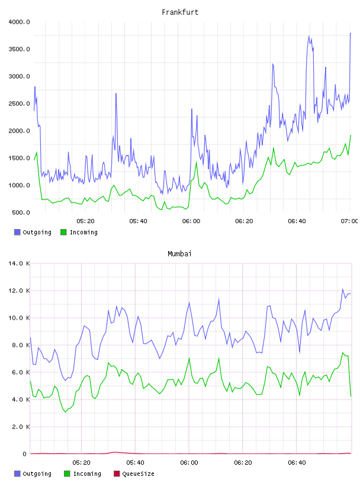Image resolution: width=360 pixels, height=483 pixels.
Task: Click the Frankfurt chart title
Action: [x=180, y=12]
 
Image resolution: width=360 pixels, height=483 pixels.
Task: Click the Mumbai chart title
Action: [x=179, y=254]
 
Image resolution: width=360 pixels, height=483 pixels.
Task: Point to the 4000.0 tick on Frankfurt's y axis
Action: [x=19, y=22]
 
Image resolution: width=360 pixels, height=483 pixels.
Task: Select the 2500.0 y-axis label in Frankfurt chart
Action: [x=19, y=104]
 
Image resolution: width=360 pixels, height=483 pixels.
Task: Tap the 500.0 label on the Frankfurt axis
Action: [x=21, y=212]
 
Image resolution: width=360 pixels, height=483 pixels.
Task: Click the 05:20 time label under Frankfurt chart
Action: [x=85, y=221]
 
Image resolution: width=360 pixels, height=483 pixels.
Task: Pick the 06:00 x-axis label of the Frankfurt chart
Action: [x=191, y=221]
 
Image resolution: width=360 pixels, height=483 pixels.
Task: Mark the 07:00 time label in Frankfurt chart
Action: [x=349, y=221]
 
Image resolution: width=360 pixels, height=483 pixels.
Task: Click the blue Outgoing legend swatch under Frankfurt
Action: [x=17, y=232]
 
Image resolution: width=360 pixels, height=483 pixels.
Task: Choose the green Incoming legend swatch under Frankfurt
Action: [x=63, y=232]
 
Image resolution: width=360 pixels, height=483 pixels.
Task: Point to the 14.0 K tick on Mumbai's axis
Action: [x=19, y=263]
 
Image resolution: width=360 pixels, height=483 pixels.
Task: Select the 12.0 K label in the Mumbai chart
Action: [x=19, y=291]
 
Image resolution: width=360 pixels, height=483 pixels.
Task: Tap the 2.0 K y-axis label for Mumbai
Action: [x=21, y=427]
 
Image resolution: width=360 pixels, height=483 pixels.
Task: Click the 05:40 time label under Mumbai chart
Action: [x=136, y=463]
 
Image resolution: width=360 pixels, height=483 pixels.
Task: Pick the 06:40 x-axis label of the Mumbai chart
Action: [x=297, y=463]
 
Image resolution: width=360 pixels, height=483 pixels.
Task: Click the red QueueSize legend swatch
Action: [x=117, y=474]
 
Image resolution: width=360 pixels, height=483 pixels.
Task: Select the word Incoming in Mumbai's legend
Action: [x=87, y=474]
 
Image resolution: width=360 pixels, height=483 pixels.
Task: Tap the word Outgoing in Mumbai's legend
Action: [x=37, y=474]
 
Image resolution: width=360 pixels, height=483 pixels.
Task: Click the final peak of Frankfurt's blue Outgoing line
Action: [x=351, y=33]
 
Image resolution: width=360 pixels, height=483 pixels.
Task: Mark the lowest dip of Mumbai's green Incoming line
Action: [x=65, y=412]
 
